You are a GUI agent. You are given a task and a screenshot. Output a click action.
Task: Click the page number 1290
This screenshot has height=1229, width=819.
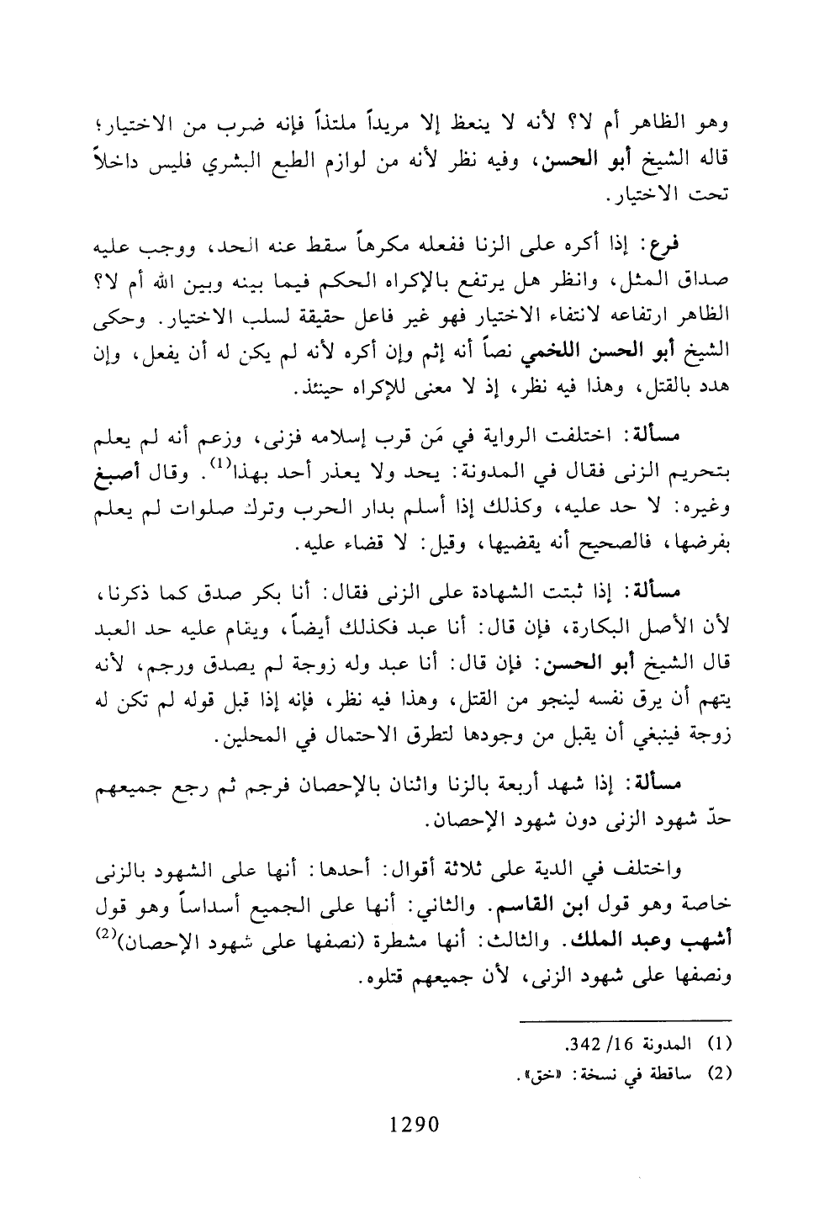pos(415,1124)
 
